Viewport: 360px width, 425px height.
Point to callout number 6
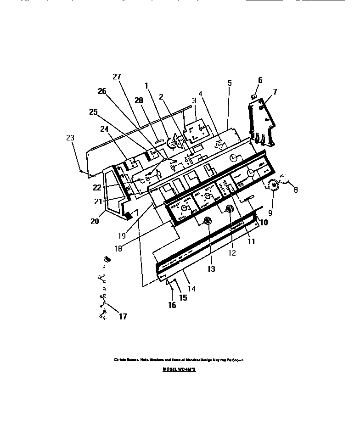(260, 80)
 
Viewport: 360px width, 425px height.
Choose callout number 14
(191, 289)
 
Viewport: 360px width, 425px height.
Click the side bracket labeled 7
(262, 122)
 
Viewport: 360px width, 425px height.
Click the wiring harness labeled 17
(103, 289)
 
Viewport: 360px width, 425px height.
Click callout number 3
(194, 100)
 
